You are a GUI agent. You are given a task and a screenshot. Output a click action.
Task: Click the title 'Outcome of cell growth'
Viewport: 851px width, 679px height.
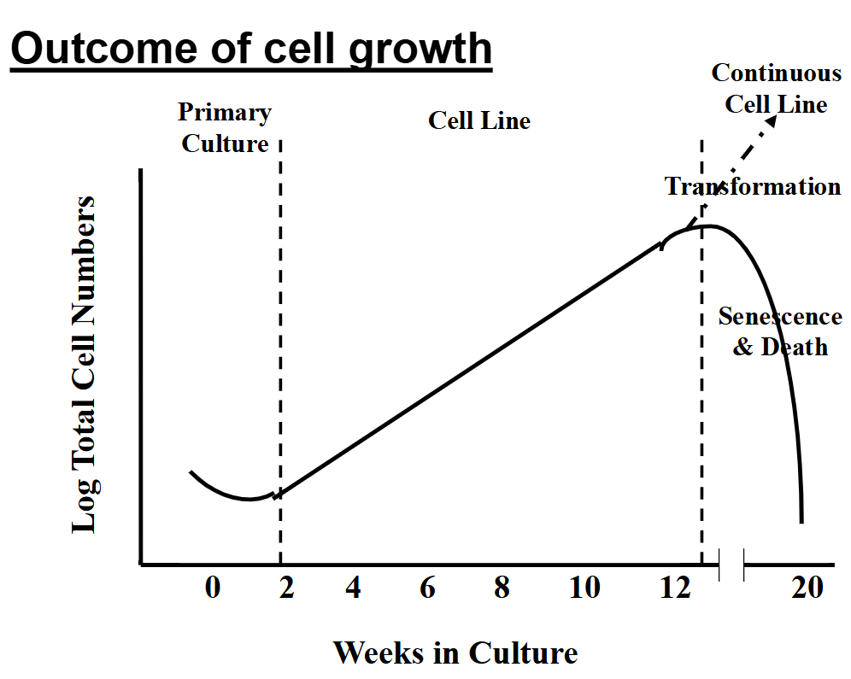coord(250,49)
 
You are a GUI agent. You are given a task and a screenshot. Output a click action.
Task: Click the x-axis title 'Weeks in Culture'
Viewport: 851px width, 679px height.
coord(455,653)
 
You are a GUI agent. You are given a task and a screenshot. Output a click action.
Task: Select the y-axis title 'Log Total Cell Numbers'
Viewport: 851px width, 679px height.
coord(84,365)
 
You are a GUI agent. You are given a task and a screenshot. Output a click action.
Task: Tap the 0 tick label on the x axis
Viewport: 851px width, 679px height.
coord(213,588)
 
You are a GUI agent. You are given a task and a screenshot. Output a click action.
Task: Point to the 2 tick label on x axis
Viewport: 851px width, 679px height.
coord(286,588)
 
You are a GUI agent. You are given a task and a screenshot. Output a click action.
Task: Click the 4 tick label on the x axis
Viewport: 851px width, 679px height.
coord(353,588)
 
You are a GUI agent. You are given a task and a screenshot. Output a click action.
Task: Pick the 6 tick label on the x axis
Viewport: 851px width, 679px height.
coord(427,588)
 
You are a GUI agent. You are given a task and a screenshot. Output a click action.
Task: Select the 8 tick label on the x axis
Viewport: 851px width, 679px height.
coord(502,588)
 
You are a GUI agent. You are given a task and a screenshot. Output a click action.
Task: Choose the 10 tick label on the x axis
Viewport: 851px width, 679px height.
coord(585,588)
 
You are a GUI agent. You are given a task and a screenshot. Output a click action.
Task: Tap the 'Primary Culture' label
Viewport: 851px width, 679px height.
coord(225,128)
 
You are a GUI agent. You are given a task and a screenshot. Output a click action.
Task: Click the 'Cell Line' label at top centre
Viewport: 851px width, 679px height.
coord(478,120)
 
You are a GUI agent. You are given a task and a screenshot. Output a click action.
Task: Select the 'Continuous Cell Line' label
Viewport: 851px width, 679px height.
coord(776,89)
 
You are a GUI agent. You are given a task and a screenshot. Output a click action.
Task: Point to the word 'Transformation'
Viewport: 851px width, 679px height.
coord(753,186)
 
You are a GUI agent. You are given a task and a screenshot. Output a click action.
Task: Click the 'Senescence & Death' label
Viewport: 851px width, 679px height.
coord(779,331)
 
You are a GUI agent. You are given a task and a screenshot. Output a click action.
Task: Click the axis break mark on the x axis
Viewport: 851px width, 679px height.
coord(731,564)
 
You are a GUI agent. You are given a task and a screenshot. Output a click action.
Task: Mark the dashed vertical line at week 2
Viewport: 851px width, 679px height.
coord(280,342)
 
